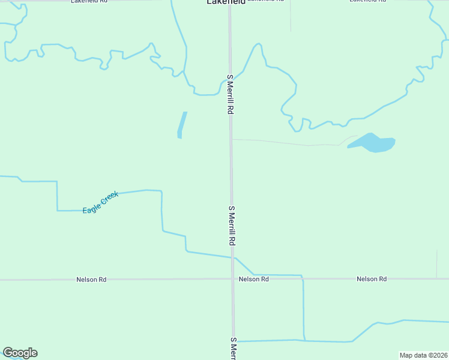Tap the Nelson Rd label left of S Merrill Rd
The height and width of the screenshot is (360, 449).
click(91, 280)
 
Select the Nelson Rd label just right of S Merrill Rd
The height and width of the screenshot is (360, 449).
click(253, 280)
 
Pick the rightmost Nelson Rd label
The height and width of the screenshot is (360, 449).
click(372, 279)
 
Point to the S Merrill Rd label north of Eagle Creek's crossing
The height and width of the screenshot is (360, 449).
click(232, 225)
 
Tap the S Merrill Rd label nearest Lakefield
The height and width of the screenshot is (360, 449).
click(229, 95)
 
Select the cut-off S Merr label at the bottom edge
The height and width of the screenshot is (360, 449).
click(234, 349)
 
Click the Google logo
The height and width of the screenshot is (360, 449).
click(20, 353)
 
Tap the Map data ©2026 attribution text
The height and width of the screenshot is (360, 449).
click(423, 355)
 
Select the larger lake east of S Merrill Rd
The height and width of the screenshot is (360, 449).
click(372, 143)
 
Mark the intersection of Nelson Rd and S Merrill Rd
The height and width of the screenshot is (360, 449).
click(232, 279)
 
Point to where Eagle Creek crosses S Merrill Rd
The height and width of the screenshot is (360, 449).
click(232, 257)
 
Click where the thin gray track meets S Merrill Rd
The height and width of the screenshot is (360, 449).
click(231, 139)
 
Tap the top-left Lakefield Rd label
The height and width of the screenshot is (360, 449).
click(88, 2)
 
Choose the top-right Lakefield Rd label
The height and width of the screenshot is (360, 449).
click(368, 2)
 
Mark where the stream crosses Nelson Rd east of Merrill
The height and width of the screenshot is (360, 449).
click(302, 278)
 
